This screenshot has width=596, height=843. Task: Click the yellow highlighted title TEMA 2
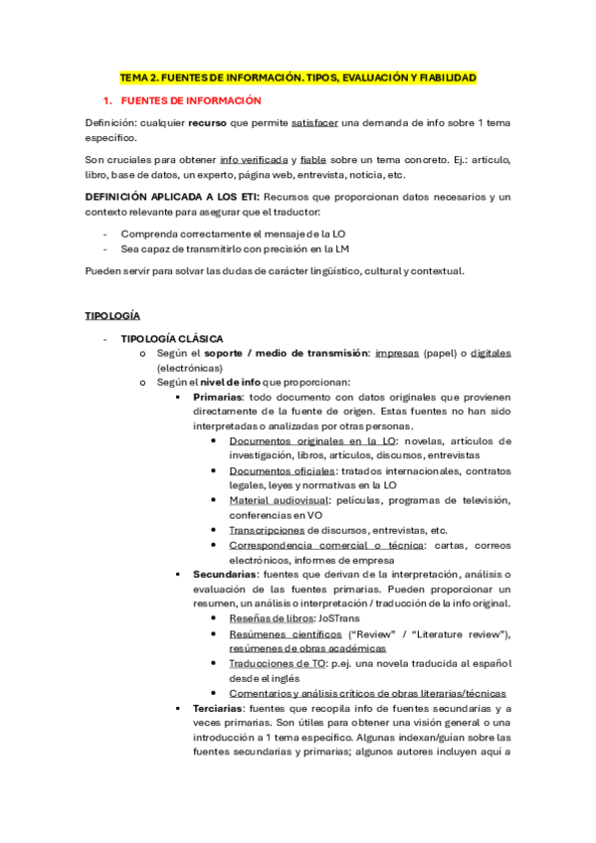click(x=298, y=77)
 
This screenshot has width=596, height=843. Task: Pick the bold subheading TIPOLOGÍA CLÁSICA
click(x=171, y=339)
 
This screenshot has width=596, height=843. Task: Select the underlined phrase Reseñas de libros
click(x=271, y=618)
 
